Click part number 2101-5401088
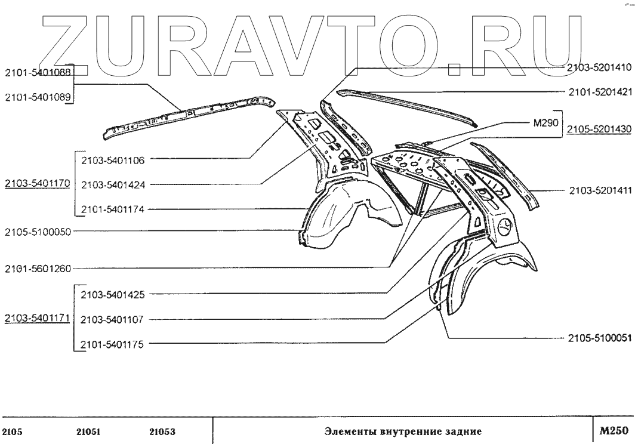tap(37, 73)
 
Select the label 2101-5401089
tap(37, 98)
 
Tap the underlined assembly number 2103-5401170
tap(37, 184)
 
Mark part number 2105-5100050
tap(37, 232)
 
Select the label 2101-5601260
tap(37, 268)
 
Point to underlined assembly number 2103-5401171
tap(37, 318)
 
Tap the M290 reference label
tap(544, 123)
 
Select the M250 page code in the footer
tap(614, 430)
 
